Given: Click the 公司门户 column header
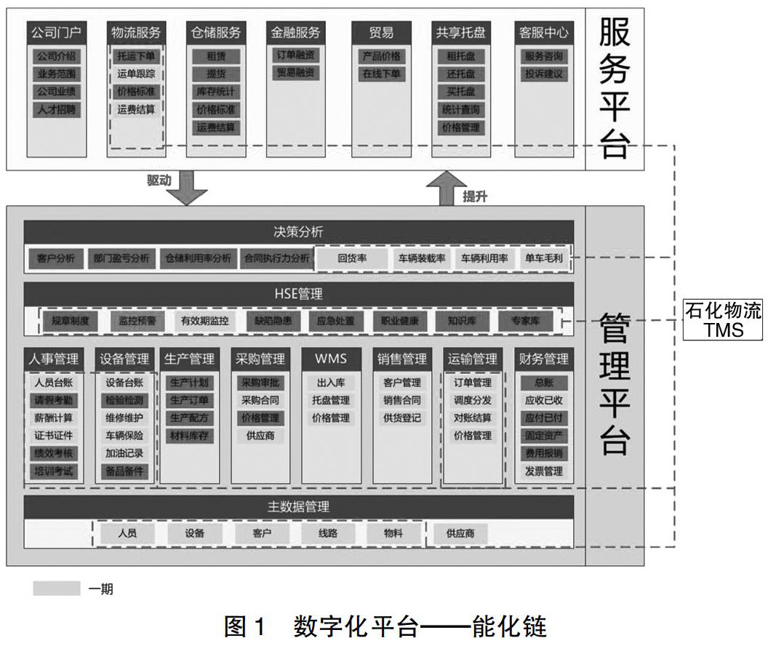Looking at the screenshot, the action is (57, 33).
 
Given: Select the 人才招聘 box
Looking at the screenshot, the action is (57, 110).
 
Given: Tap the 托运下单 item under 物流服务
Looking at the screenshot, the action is (136, 56).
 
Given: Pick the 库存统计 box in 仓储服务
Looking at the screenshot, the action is (216, 92).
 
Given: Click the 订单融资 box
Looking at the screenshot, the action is (295, 56).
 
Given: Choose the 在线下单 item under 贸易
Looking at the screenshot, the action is (382, 73).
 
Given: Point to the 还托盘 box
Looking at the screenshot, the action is (461, 73).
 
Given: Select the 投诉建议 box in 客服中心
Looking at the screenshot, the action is (543, 73).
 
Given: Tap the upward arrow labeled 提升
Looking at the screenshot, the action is (447, 188).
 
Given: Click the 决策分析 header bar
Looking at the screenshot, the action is (298, 232).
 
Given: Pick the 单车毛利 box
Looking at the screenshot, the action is (543, 258).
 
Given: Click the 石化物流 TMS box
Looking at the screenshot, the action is (723, 321).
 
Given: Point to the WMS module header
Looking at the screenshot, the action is (331, 358).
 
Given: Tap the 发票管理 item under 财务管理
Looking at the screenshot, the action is (543, 471).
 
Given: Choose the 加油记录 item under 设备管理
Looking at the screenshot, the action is (124, 453).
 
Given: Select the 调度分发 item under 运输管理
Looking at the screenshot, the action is (472, 400).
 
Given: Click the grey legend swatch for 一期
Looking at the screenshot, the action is (56, 588).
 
